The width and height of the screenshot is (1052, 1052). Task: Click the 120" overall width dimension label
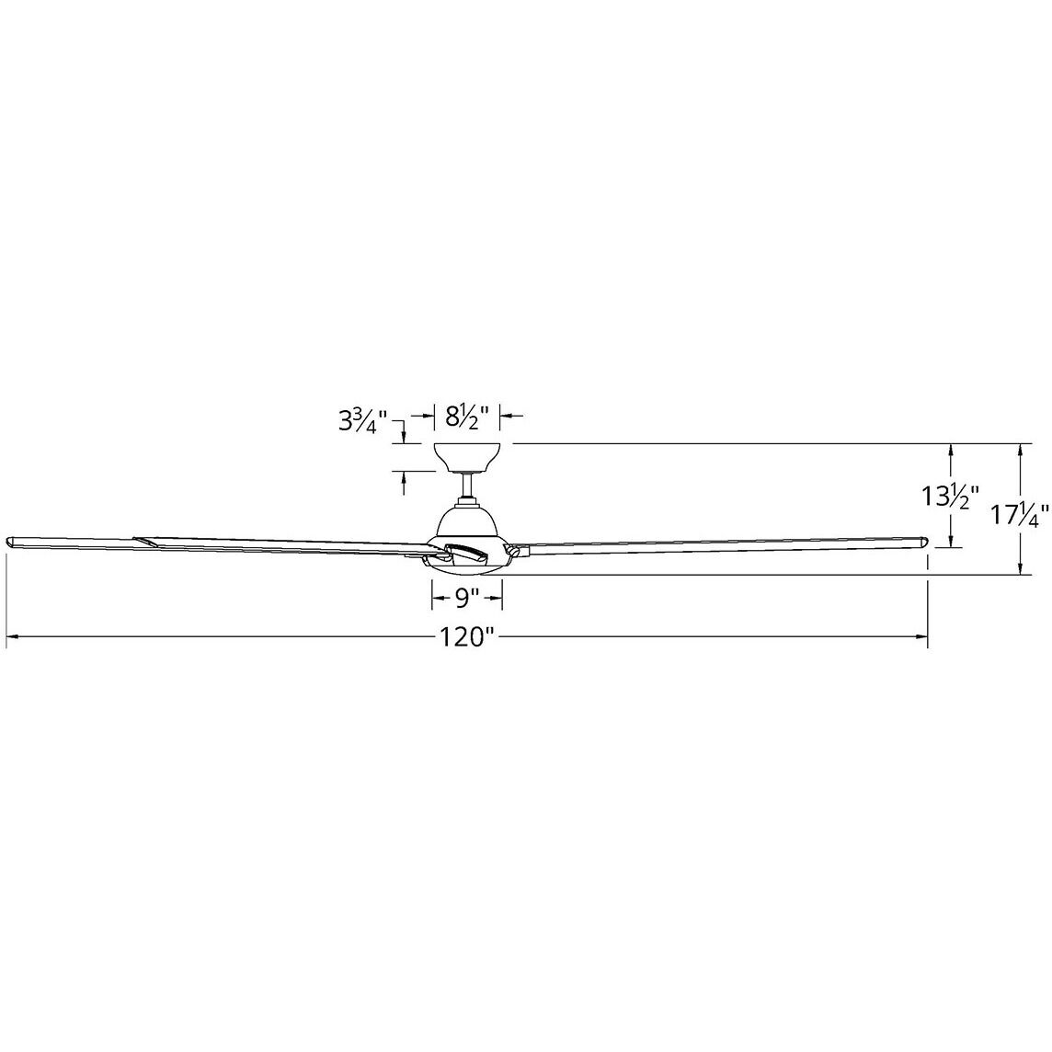467,637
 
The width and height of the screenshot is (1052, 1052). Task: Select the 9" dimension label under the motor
467,600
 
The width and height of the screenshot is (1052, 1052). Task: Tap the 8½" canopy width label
466,416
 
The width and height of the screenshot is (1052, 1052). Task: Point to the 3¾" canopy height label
360,421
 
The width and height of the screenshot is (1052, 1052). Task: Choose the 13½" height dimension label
951,497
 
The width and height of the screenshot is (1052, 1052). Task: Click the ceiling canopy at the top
467,456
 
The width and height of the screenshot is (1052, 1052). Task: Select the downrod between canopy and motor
467,485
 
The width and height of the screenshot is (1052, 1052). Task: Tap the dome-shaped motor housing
467,521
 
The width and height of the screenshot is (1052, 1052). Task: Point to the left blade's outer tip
11,541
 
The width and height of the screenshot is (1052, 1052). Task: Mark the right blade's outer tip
922,540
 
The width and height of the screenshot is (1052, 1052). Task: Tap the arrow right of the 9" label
496,600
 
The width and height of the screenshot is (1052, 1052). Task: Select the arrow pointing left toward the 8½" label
509,417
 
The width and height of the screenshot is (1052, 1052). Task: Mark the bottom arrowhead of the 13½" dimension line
951,542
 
